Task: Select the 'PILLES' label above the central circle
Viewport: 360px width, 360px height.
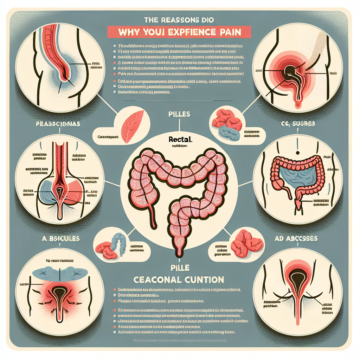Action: click(x=179, y=114)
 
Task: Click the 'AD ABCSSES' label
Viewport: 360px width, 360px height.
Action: click(x=297, y=238)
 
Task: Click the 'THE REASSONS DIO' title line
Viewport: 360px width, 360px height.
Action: click(x=180, y=20)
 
